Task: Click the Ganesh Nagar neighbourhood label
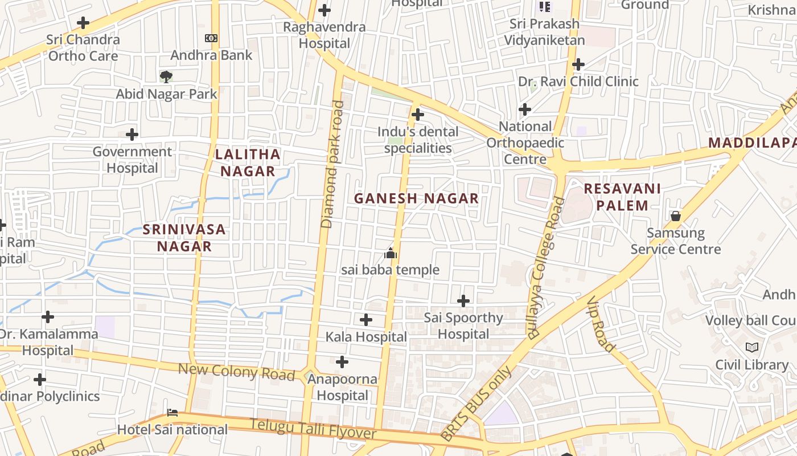(x=416, y=198)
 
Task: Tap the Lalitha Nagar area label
(x=248, y=162)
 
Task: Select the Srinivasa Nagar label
(x=184, y=238)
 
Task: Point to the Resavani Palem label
(x=622, y=197)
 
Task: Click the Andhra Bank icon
(x=211, y=38)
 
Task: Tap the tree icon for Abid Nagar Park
(x=166, y=76)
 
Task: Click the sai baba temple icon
(x=391, y=253)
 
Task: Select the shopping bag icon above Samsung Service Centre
(x=675, y=216)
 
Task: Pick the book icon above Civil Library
(x=751, y=347)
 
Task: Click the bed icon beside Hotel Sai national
(x=172, y=412)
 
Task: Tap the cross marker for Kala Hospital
(x=366, y=320)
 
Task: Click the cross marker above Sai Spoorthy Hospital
(x=463, y=300)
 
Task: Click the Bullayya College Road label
(x=546, y=268)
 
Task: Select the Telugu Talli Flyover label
(x=313, y=429)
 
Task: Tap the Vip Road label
(x=601, y=324)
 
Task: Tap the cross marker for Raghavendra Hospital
(x=324, y=10)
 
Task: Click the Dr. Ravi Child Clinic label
(x=578, y=82)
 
